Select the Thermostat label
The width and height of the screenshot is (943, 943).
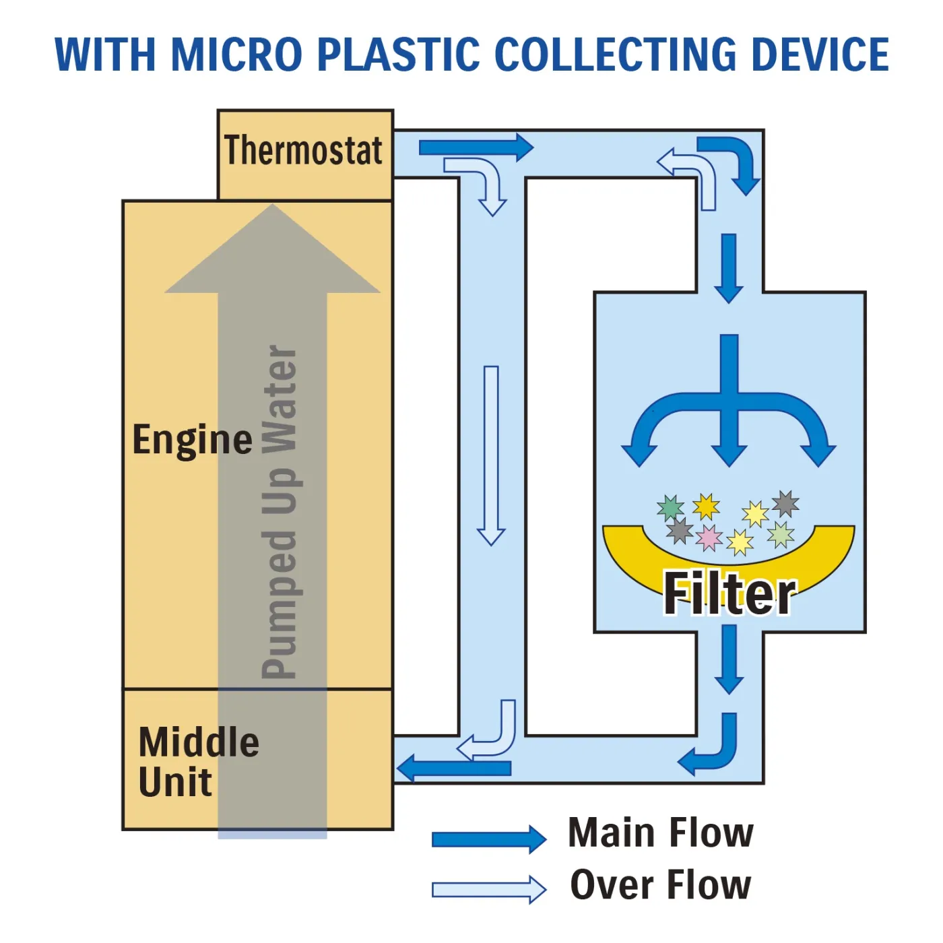pos(304,150)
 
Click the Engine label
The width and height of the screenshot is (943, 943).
pos(193,440)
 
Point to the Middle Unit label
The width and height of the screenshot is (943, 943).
pos(198,762)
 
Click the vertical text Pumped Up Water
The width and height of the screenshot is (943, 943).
pos(280,512)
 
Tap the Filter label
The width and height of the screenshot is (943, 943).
pos(729,593)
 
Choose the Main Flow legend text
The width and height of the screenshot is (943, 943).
pos(661,833)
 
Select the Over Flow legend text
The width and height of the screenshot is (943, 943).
pos(661,885)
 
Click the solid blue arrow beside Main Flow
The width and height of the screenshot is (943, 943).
pos(488,839)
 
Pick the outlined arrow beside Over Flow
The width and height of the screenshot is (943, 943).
pos(488,890)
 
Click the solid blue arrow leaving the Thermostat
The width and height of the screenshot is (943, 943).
pos(476,148)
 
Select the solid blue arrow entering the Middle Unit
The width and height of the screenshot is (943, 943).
pos(454,768)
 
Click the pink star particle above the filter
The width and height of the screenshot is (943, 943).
pos(709,538)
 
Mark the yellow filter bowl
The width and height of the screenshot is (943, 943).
pos(633,552)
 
